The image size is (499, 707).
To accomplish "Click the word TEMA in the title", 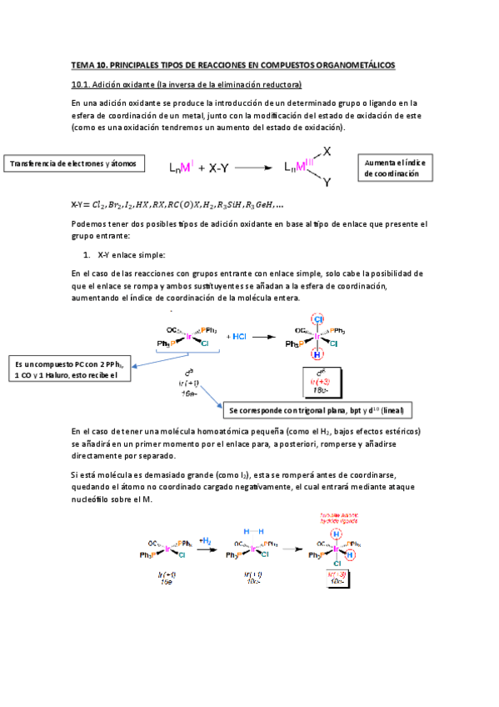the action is click(x=83, y=64).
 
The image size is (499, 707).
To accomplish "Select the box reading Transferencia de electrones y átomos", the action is click(x=72, y=163).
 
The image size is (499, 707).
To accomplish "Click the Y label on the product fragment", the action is click(x=327, y=182).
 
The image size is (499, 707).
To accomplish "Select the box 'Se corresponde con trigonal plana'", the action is click(x=319, y=411).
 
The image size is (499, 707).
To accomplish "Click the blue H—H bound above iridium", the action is click(x=252, y=530).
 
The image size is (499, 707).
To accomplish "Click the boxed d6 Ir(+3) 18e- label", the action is click(x=321, y=379).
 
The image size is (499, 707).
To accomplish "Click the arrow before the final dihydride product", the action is click(x=291, y=549).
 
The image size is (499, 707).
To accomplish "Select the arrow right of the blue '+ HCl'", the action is click(x=263, y=337).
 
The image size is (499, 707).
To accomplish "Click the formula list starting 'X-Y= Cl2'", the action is click(x=177, y=204).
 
